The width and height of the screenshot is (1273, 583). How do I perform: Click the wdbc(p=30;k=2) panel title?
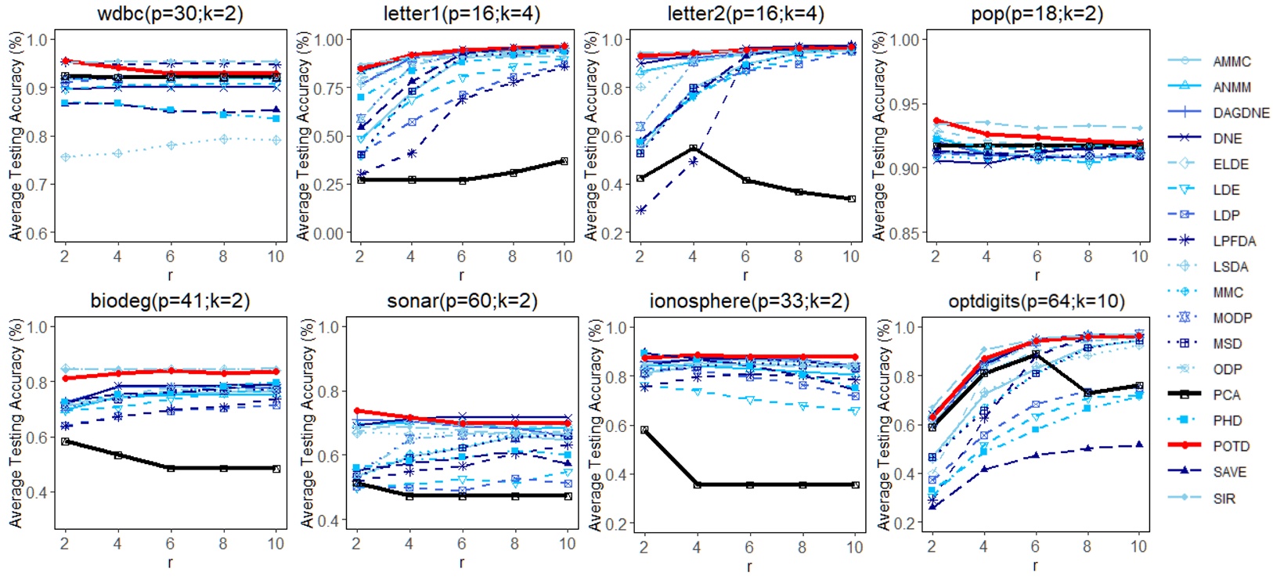170,13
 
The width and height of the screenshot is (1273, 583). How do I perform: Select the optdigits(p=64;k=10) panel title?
1037,301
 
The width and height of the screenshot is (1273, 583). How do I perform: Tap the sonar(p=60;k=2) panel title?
462,301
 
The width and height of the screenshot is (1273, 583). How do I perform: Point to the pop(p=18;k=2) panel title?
1037,13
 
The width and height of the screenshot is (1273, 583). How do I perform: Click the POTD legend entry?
1232,446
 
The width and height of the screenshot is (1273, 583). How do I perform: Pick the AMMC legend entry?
1232,61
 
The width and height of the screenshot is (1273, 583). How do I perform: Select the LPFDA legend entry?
1234,241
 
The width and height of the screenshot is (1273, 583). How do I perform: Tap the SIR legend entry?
1224,498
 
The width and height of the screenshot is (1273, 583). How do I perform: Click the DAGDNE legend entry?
1241,113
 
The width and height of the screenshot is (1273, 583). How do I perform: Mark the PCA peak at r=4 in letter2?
693,148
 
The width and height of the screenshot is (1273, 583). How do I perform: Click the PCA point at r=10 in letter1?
564,161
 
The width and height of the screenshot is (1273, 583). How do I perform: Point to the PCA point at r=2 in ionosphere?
644,430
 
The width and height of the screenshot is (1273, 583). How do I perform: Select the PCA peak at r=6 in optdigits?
1036,354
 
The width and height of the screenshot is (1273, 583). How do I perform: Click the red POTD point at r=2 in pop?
936,121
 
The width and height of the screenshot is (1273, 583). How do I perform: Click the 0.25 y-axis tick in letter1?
329,185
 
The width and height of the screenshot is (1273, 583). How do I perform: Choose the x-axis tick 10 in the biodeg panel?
276,543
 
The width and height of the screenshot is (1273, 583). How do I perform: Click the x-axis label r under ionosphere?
749,566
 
